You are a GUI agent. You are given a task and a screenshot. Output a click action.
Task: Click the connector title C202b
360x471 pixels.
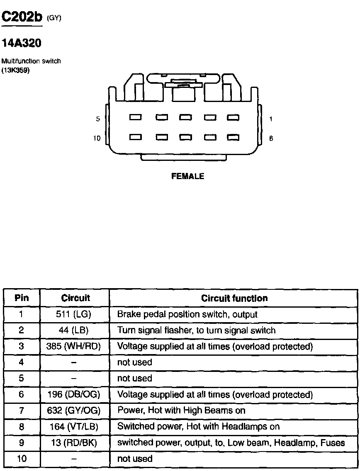22,17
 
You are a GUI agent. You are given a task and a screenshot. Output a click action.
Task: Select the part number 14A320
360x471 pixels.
22,43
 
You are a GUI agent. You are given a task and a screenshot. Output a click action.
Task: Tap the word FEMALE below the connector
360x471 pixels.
188,176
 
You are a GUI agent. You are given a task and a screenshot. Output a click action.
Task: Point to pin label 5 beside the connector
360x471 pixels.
98,119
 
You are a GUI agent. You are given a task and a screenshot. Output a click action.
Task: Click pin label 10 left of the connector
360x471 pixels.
97,138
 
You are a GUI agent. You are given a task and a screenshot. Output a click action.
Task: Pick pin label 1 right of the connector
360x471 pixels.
271,119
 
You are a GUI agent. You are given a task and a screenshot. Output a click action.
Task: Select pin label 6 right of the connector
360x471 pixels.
271,138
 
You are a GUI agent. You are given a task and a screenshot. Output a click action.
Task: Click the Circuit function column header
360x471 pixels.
234,298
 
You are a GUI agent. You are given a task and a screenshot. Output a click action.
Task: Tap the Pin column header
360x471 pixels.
22,298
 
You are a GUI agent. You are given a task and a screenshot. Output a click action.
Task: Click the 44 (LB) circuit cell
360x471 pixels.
74,330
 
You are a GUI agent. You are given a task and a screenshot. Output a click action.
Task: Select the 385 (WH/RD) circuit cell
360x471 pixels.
74,346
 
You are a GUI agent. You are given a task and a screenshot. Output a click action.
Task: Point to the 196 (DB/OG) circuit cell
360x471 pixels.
74,394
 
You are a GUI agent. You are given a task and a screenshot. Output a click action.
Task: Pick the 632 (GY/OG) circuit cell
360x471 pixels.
74,410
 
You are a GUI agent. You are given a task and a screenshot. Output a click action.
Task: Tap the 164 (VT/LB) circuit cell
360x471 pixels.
74,426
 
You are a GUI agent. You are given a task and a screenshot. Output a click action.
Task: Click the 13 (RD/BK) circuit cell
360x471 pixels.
74,442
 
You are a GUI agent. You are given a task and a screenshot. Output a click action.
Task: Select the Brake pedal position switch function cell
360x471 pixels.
187,314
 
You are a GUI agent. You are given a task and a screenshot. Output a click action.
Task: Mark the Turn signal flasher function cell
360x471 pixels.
196,330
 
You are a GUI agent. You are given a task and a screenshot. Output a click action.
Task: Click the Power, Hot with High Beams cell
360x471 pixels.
181,410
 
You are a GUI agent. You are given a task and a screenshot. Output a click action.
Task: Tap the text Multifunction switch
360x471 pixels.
31,61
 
